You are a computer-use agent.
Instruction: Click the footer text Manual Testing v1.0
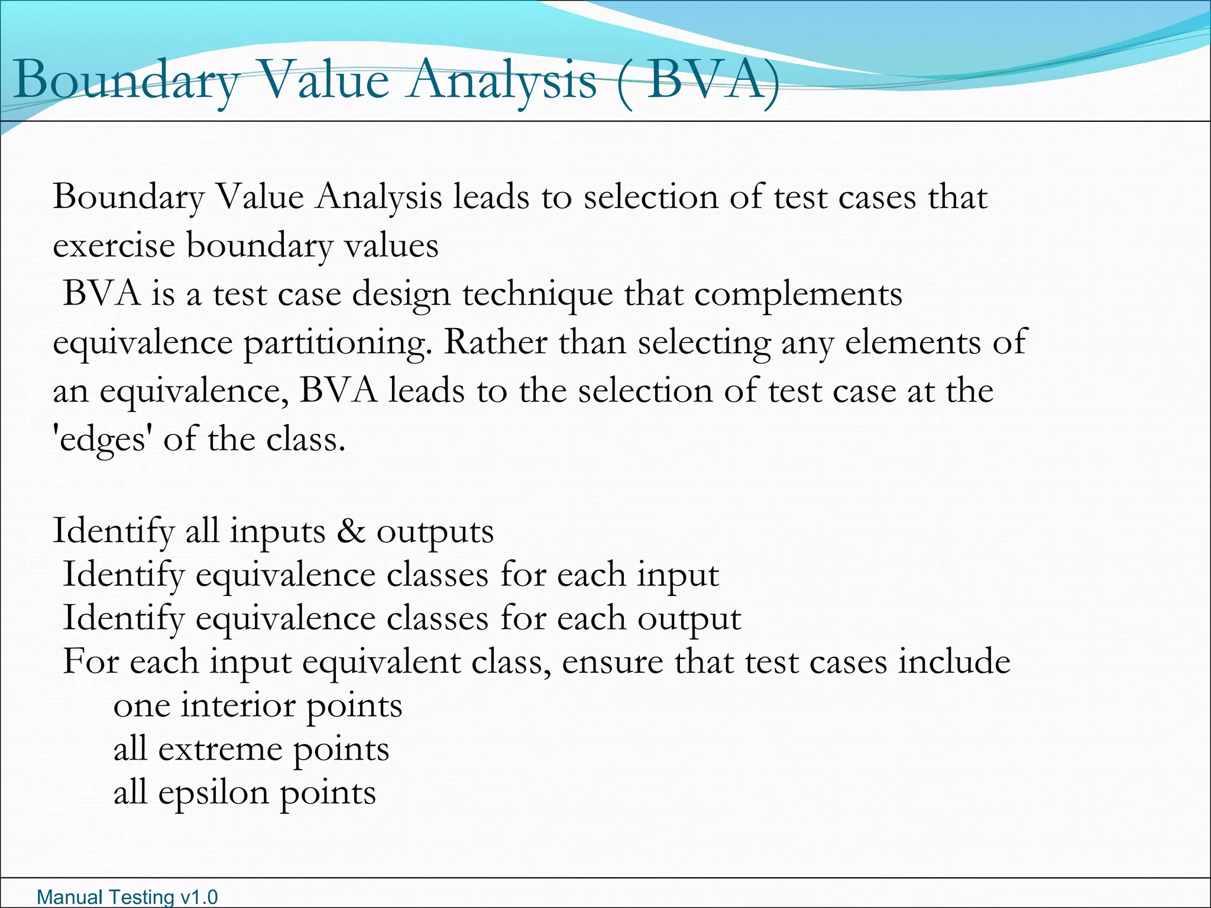tap(127, 897)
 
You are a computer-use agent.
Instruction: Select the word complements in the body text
tap(798, 294)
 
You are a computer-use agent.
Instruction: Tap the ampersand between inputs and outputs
tap(351, 531)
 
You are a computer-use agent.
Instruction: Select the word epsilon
tap(213, 793)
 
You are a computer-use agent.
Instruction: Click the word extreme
tap(220, 750)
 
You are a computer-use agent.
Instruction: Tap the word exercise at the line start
tap(114, 245)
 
